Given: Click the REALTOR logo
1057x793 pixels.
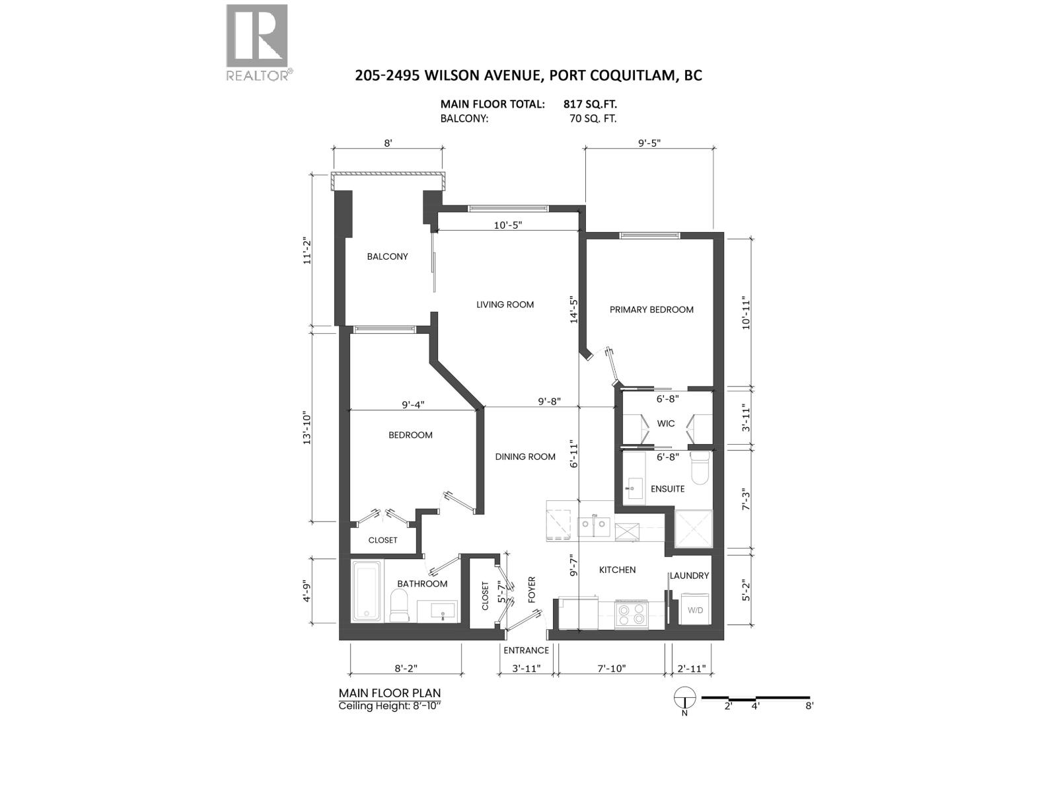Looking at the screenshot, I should pos(258,41).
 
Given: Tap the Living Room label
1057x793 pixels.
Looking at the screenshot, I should pos(505,305).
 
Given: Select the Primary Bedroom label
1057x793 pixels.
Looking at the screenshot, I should pos(651,309).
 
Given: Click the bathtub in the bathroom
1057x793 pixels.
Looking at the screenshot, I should pos(366,591).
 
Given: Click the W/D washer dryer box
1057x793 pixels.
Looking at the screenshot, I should pos(695,610).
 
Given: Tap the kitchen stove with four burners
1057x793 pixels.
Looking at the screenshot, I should pos(631,615).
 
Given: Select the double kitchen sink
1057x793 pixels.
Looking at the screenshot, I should pos(595,526).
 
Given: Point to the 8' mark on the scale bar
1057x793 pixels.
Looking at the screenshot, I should pos(809,705).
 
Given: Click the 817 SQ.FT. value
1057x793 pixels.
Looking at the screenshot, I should pos(590,104).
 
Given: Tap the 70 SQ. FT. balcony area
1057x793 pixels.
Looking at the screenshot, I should pos(593,119).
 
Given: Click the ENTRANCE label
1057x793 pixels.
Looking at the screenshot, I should pos(526,650).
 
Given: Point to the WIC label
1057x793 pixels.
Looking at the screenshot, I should pos(666,424).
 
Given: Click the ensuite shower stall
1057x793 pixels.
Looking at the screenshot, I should pos(694,529).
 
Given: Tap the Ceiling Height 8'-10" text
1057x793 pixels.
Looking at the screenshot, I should pos(390,706).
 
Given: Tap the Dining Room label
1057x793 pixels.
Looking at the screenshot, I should pos(525,457).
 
